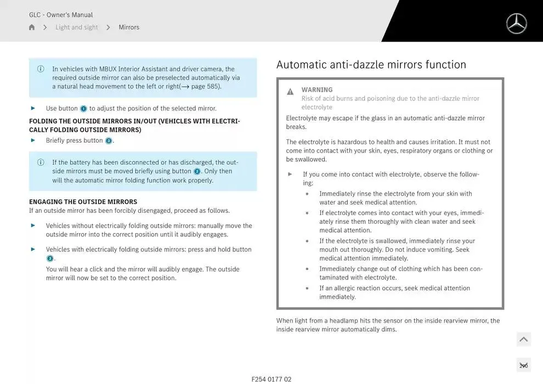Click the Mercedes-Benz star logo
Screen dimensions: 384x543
[516, 24]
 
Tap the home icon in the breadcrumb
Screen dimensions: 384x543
[32, 27]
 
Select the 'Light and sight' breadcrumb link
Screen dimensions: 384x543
[76, 27]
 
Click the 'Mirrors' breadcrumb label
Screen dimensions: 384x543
[129, 27]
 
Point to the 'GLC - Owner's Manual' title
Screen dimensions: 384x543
[61, 15]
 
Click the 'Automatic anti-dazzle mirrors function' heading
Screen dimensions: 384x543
[371, 65]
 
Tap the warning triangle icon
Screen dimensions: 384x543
[290, 92]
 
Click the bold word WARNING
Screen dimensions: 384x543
[317, 90]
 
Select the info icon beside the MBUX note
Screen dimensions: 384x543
[41, 69]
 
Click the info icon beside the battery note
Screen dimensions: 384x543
[41, 162]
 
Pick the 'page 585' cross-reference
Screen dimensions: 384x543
[205, 87]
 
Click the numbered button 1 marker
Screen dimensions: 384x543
[83, 109]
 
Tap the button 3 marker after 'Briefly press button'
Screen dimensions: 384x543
[109, 141]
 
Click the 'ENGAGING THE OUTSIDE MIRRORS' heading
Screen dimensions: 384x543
[83, 202]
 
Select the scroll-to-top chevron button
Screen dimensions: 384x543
[523, 340]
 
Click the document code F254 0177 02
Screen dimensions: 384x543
[271, 379]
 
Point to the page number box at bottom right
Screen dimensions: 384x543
[523, 365]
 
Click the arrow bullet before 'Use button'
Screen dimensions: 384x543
[33, 108]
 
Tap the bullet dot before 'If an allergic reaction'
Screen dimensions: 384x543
[307, 289]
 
